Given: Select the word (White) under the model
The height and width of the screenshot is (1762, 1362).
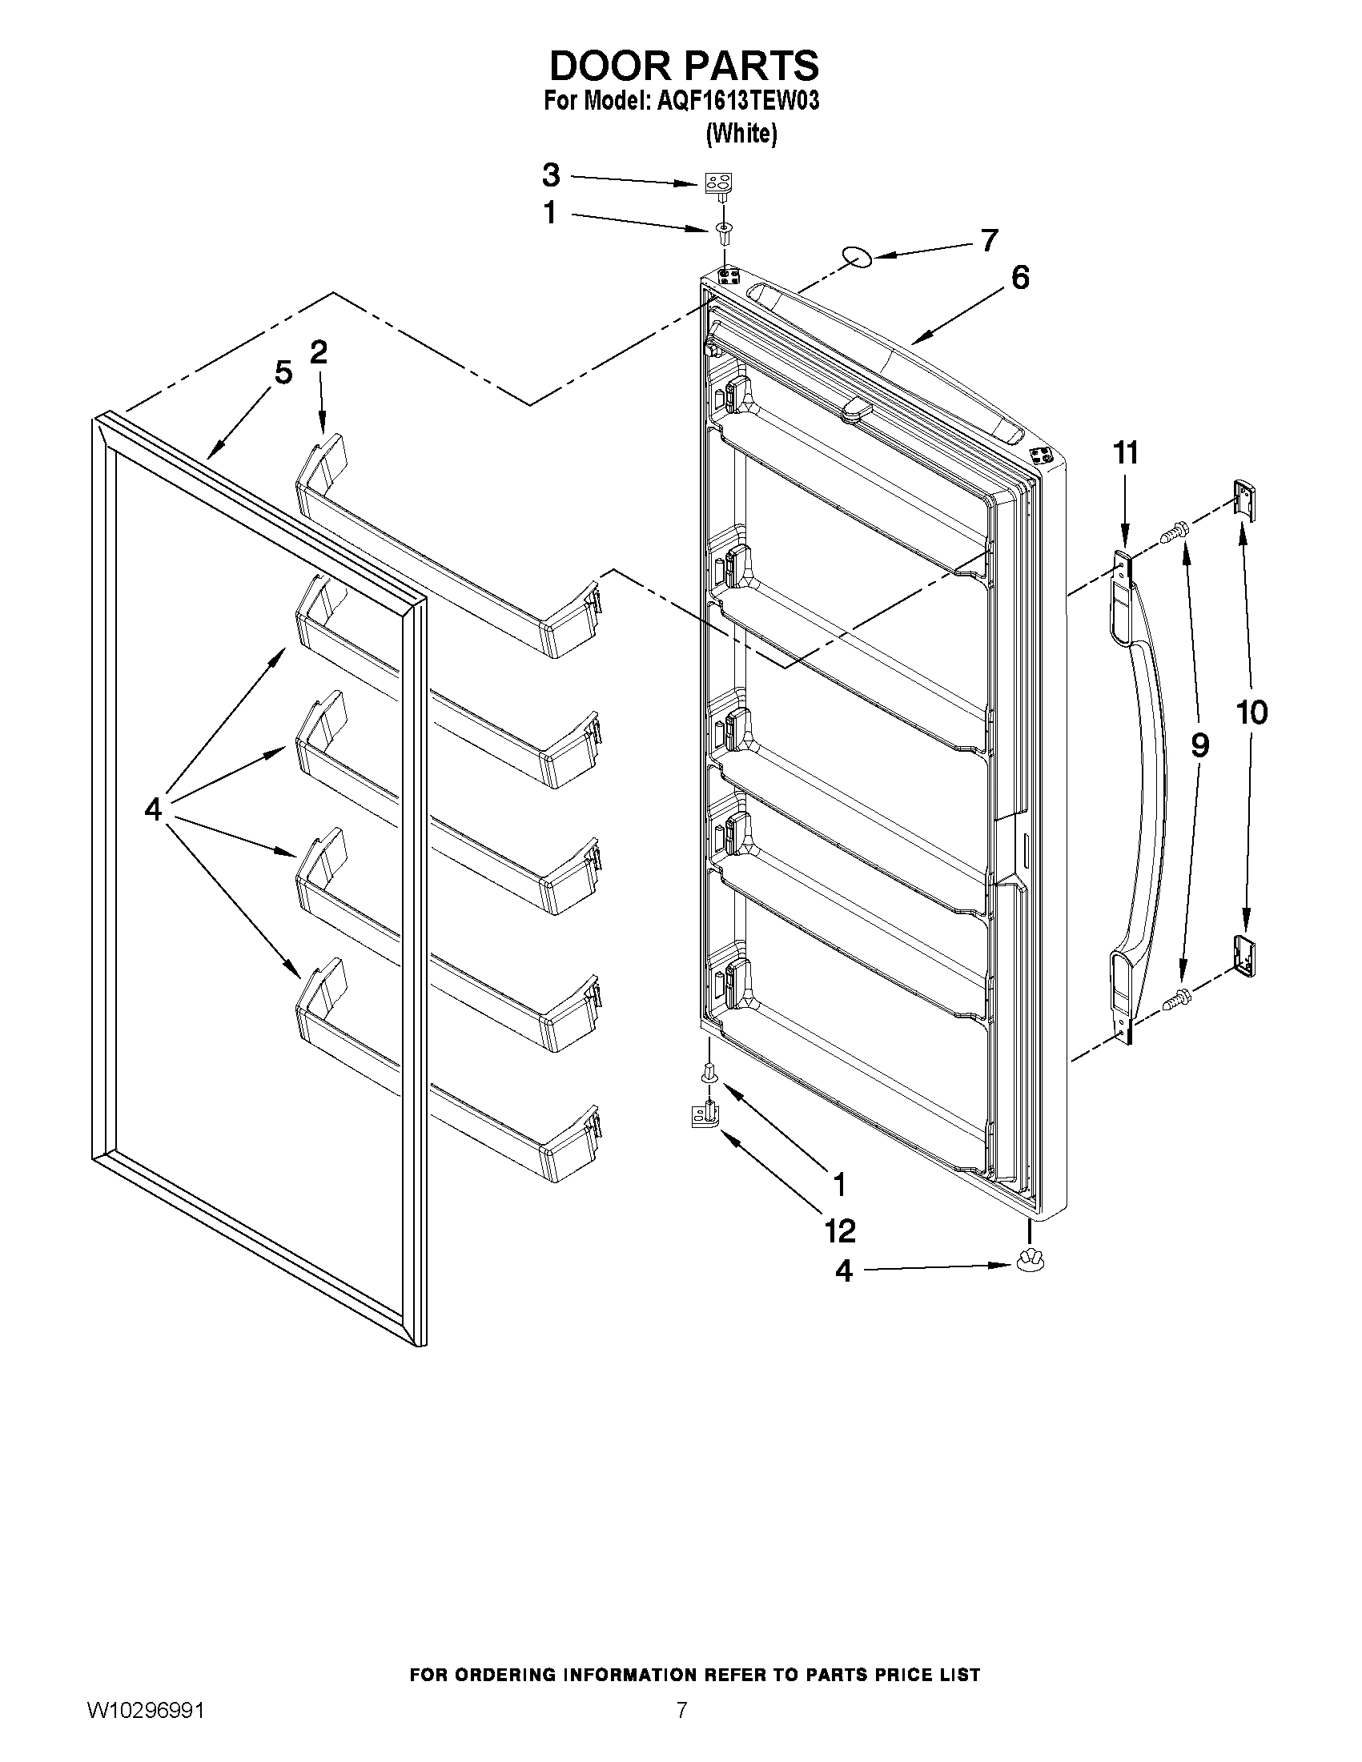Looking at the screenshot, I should [741, 133].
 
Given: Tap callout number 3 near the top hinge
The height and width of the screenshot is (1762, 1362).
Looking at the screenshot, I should [550, 175].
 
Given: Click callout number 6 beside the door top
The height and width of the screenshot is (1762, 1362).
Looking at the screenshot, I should [1020, 278].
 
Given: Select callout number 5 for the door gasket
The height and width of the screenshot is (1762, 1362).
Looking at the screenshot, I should [283, 373].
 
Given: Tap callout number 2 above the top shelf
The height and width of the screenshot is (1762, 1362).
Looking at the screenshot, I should [319, 351].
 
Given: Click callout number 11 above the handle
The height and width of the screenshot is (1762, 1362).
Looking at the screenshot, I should [1126, 452].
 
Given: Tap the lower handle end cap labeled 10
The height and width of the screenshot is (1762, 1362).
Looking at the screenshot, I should [1245, 956].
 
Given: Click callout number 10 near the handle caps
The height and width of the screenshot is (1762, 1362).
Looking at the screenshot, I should [1252, 712].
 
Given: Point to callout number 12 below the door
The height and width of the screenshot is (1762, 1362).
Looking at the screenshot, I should [840, 1230].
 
